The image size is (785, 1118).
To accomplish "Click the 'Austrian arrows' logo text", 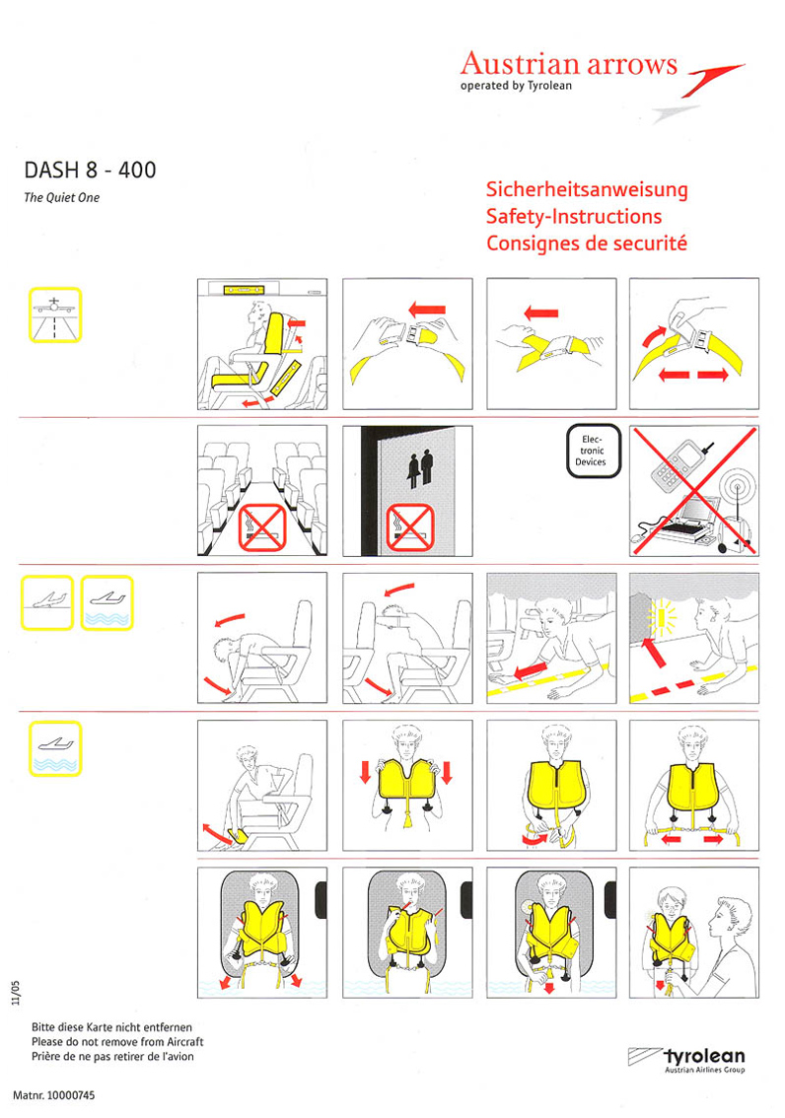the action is point(568,63).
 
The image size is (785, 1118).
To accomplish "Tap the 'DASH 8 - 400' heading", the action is point(90,170).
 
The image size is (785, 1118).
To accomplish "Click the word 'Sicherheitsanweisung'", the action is point(587,189).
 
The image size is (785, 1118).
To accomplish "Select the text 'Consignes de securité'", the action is point(586,244).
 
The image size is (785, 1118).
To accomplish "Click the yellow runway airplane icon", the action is point(55,314).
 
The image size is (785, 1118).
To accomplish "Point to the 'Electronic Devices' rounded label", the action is point(594,452).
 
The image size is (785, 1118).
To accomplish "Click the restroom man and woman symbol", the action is point(420,467).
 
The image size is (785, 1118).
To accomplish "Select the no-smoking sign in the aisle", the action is point(262,527).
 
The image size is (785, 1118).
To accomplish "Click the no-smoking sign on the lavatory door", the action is point(410,527).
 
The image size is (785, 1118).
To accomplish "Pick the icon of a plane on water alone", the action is point(55,748).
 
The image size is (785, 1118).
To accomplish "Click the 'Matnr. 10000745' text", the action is point(54,1095).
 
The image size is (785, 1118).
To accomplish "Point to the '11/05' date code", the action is point(16,993).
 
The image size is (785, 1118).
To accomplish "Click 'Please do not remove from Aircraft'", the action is point(117,1042).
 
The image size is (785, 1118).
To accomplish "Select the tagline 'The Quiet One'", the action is point(61,197).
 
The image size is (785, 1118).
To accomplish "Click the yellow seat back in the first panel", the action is point(275,333).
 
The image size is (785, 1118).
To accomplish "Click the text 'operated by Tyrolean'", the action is point(516,86).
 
